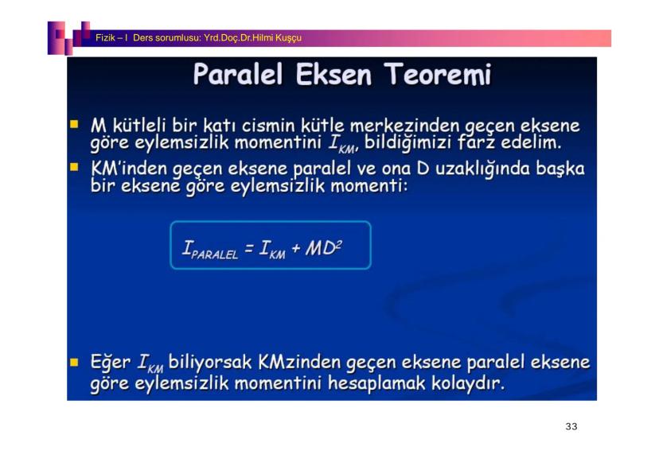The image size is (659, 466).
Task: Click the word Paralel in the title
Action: pyautogui.click(x=238, y=74)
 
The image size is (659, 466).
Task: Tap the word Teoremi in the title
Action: pyautogui.click(x=437, y=74)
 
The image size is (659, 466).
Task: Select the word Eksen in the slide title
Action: pyautogui.click(x=333, y=74)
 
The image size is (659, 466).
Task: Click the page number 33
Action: pyautogui.click(x=571, y=426)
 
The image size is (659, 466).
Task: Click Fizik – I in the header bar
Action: pyautogui.click(x=111, y=38)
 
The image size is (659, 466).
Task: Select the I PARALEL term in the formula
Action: pyautogui.click(x=210, y=249)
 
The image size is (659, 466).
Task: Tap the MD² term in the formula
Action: pyautogui.click(x=324, y=247)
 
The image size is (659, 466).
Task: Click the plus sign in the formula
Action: pyautogui.click(x=296, y=248)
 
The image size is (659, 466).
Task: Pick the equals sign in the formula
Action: pyautogui.click(x=249, y=248)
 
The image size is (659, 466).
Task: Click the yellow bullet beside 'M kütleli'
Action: pyautogui.click(x=74, y=124)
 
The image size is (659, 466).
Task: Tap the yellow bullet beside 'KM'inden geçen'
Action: pyautogui.click(x=74, y=168)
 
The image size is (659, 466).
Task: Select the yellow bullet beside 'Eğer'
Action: pyautogui.click(x=74, y=363)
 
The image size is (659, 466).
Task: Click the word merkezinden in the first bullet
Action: pyautogui.click(x=404, y=126)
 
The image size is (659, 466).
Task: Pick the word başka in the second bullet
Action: pyautogui.click(x=560, y=169)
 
